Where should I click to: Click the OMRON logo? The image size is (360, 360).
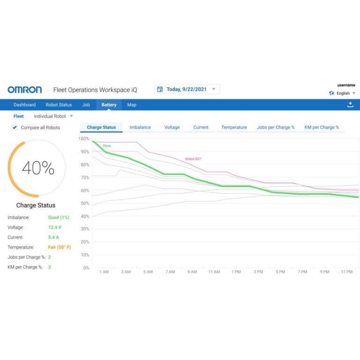pos(24,90)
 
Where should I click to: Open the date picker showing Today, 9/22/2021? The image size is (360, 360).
pos(187,89)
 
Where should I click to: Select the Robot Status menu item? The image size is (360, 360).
pos(59,105)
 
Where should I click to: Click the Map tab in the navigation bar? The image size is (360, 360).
pos(132,105)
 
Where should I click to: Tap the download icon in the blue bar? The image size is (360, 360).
pos(350,105)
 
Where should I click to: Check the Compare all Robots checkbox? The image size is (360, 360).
pos(15,127)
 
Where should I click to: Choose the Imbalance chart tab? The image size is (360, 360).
pos(140,127)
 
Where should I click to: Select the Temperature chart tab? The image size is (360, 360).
pos(234,127)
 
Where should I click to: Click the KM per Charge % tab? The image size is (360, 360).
pos(322,127)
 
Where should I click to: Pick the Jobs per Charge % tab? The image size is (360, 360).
pos(276,127)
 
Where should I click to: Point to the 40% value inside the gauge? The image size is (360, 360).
pos(38,168)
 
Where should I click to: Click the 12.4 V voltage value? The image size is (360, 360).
pos(55,227)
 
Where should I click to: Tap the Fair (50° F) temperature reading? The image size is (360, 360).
pos(60,247)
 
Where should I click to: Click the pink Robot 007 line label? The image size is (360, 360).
pos(193,159)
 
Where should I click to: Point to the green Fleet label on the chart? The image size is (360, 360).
pos(107,146)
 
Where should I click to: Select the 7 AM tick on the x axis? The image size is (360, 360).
pos(170,272)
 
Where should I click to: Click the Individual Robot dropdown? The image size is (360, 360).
pos(53,116)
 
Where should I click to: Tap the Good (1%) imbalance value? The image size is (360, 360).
pos(59,217)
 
